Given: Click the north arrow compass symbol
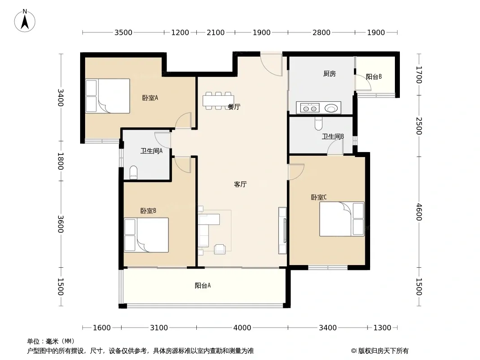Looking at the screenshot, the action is pyautogui.click(x=25, y=21).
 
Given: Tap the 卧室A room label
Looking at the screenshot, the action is pyautogui.click(x=150, y=98).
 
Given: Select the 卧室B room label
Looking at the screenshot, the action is pyautogui.click(x=148, y=211).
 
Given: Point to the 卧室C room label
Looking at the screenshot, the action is pyautogui.click(x=319, y=197).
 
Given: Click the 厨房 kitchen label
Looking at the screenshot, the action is pyautogui.click(x=330, y=74).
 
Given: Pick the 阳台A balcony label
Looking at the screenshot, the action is pyautogui.click(x=203, y=285).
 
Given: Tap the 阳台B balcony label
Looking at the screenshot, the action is pyautogui.click(x=374, y=76).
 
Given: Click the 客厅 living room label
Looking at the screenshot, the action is pyautogui.click(x=240, y=184).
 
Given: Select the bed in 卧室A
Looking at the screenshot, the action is pyautogui.click(x=108, y=96).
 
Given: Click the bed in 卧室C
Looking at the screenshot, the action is pyautogui.click(x=342, y=219).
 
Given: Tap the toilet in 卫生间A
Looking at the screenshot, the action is pyautogui.click(x=133, y=172).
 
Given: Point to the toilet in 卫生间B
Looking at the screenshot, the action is pyautogui.click(x=318, y=123).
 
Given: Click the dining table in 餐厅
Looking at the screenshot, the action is pyautogui.click(x=218, y=101).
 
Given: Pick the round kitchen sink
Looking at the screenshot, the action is pyautogui.click(x=331, y=108).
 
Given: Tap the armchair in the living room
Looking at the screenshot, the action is pyautogui.click(x=220, y=249).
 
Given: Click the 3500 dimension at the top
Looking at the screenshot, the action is pyautogui.click(x=123, y=32).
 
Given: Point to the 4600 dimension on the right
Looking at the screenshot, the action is pyautogui.click(x=419, y=212).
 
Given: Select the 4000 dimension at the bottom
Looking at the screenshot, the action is pyautogui.click(x=242, y=328).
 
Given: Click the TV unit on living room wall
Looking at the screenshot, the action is pyautogui.click(x=282, y=230).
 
